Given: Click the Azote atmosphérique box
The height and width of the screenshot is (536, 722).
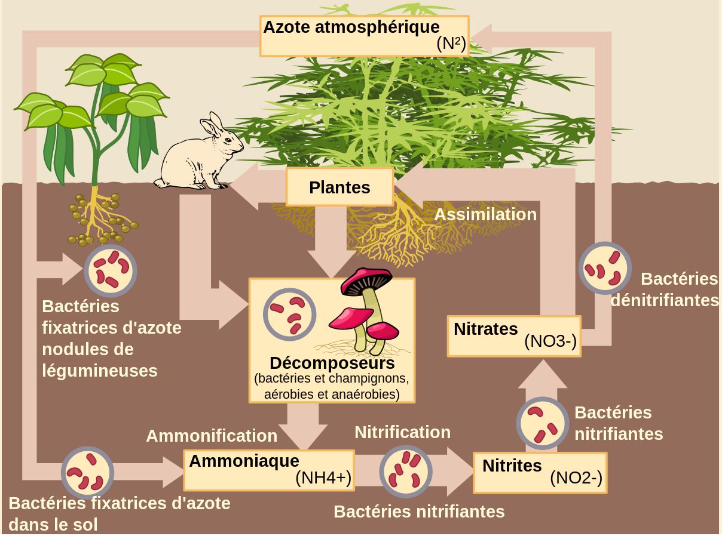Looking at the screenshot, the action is [364, 36].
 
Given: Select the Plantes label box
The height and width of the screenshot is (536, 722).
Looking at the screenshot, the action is [339, 187].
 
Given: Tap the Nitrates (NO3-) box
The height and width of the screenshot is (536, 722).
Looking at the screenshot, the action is [514, 336].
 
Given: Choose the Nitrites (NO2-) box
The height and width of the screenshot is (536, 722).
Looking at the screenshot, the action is [540, 473].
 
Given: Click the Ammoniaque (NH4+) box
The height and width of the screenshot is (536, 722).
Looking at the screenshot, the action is [269, 470].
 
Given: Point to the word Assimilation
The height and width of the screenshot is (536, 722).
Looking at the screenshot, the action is [485, 215].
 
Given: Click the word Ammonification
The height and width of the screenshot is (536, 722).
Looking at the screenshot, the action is [212, 436].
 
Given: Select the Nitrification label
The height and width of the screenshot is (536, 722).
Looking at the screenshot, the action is [403, 432].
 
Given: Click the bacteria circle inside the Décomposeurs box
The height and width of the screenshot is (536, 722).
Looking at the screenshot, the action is [289, 315].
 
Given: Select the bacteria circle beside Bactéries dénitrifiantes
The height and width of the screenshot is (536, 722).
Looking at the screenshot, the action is [605, 268].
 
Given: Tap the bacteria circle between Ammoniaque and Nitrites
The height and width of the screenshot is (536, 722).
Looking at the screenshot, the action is [406, 472].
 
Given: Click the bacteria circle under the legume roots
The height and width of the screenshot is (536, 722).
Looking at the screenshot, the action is [111, 270].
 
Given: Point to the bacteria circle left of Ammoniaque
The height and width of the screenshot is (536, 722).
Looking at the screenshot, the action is [88, 473].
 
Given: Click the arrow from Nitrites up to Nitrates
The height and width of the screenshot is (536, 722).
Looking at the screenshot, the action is [542, 405].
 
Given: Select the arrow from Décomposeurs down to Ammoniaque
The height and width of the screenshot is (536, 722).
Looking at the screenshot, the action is [303, 426].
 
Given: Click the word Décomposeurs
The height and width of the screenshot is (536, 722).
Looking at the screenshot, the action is [332, 363].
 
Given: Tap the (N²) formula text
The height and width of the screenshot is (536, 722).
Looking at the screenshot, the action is [451, 44].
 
